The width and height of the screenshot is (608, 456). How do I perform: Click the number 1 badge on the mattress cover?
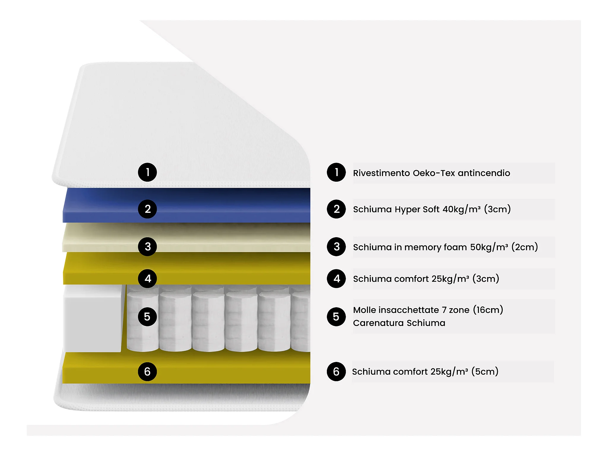click(x=147, y=172)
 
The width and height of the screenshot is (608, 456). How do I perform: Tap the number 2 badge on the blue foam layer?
click(x=147, y=209)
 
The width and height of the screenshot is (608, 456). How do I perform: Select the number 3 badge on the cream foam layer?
click(x=147, y=246)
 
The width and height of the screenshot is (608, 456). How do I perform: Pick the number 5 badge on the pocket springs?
click(x=147, y=317)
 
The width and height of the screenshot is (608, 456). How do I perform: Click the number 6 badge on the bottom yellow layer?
click(x=147, y=371)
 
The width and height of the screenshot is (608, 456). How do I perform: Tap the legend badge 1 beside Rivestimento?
click(x=336, y=172)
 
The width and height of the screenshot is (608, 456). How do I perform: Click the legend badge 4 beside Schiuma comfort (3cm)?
click(x=336, y=278)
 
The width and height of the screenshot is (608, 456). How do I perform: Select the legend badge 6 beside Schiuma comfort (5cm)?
click(x=336, y=371)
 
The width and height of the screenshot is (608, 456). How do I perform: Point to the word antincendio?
click(x=484, y=173)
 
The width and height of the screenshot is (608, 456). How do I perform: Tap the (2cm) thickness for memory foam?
click(x=525, y=247)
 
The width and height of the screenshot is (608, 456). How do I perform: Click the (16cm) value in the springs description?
click(x=488, y=310)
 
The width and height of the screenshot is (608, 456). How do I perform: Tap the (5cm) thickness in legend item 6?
click(x=485, y=371)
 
